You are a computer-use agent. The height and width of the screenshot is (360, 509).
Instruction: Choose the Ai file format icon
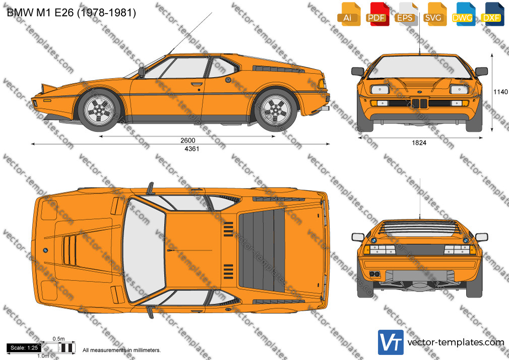(x=349, y=14)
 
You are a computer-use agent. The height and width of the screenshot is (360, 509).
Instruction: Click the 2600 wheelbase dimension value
(x=187, y=140)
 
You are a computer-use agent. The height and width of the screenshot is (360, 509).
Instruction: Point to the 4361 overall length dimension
(x=192, y=148)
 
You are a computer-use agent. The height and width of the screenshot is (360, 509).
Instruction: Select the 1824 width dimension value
(x=419, y=143)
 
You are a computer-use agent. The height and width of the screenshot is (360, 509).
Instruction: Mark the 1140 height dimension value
(x=500, y=92)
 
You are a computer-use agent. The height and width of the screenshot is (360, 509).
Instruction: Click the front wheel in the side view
(x=99, y=110)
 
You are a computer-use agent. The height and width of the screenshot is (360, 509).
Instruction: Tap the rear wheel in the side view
(x=276, y=110)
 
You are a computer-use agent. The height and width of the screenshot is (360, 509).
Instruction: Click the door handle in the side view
(x=197, y=85)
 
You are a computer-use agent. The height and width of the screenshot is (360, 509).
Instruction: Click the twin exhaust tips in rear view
(x=375, y=274)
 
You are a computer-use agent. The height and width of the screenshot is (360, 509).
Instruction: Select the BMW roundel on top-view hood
(x=45, y=250)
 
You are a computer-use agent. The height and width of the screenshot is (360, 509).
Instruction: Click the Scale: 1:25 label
(x=24, y=348)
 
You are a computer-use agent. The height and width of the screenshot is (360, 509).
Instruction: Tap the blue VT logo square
(x=391, y=342)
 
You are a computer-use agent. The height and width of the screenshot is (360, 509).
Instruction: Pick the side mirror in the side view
(x=142, y=72)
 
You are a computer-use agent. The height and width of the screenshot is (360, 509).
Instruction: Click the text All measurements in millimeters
(x=122, y=350)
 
